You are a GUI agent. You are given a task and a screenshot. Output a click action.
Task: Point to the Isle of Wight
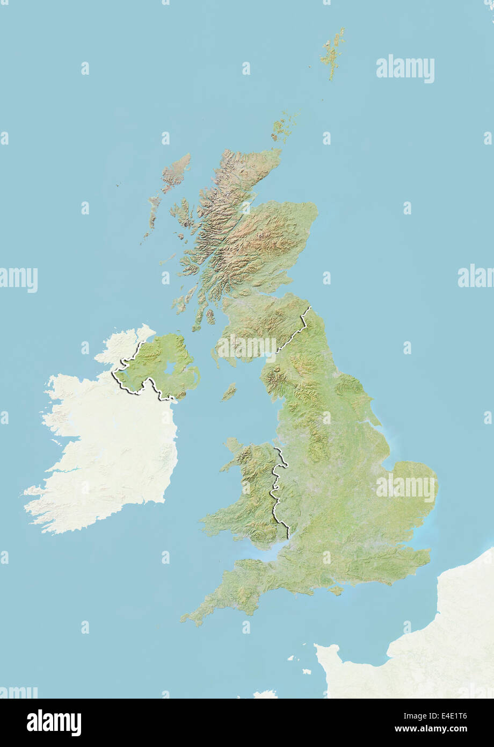tap(336, 590)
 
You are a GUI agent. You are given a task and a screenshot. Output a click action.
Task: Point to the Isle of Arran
tap(210, 316)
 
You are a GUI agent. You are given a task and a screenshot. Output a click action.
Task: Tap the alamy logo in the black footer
tap(54, 723)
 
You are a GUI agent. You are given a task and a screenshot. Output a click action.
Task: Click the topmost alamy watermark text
tap(405, 69)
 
